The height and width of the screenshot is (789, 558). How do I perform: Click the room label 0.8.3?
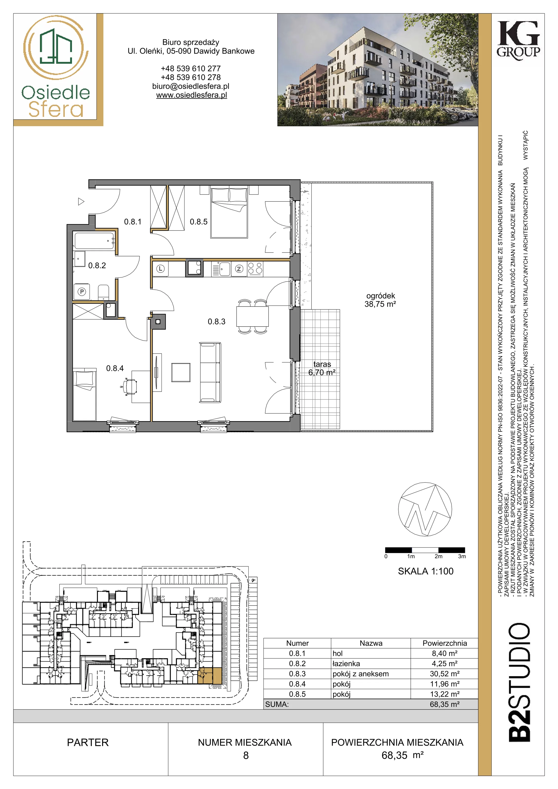(217, 322)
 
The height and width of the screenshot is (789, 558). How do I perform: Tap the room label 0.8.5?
(199, 222)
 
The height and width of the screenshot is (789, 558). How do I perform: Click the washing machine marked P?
(82, 292)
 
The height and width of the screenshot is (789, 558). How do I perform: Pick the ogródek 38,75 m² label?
(380, 300)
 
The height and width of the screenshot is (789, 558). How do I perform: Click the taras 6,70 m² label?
(322, 368)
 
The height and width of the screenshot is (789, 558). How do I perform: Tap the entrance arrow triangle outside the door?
(81, 201)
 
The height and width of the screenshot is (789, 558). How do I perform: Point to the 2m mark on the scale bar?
(438, 556)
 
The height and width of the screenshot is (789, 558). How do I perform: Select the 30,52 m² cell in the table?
(445, 674)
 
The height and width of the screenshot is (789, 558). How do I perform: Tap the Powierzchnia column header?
(445, 643)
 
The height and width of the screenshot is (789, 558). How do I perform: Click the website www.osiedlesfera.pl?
(191, 95)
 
